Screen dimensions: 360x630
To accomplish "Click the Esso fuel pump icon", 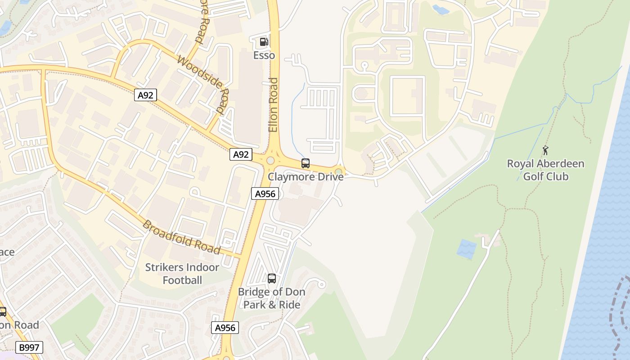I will [264, 42].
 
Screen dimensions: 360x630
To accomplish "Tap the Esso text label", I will [264, 55].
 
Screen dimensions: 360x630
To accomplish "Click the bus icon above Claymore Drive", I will [306, 163].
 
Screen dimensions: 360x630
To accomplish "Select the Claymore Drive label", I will [306, 177].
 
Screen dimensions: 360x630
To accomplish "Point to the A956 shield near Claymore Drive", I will [265, 194].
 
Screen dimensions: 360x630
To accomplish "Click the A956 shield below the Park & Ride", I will [225, 328].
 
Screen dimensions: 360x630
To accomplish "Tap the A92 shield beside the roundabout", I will [241, 154].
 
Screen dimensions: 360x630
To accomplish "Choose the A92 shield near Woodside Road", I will [145, 95].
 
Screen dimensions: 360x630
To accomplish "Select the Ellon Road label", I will [273, 105].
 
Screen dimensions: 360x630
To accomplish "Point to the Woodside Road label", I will [203, 84].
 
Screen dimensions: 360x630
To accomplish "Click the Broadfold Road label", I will [181, 237].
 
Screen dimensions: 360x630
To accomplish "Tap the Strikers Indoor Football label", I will [182, 274].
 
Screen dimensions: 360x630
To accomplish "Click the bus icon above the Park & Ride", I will [272, 279].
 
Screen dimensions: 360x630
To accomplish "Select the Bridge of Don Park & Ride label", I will [272, 298].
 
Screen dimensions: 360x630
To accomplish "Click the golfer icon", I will [546, 150].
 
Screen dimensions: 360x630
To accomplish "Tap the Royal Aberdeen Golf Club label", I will [546, 170].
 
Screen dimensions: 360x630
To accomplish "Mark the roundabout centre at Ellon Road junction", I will [270, 161].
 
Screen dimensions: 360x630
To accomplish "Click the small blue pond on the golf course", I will [467, 249].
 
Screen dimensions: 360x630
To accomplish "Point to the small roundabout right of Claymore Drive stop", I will [338, 171].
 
